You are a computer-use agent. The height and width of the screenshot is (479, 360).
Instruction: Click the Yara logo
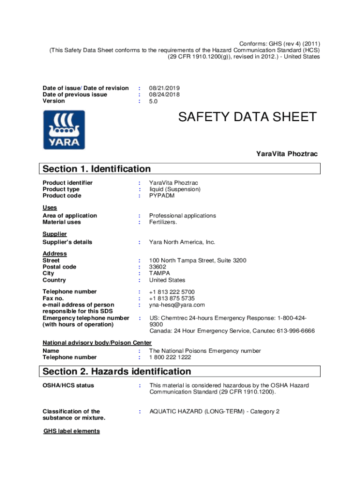pos(64,130)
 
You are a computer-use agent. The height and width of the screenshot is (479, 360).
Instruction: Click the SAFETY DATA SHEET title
pos(247,117)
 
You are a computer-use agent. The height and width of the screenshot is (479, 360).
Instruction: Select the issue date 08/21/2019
pos(165,88)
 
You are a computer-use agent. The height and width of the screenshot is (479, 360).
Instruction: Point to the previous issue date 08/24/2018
pos(165,94)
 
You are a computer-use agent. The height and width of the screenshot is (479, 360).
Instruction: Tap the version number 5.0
pos(154,101)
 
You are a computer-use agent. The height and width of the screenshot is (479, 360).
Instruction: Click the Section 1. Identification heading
pos(97,169)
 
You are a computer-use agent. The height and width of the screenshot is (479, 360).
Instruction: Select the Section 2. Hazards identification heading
pos(117,371)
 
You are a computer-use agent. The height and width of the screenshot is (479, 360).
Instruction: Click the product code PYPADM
pos(162,196)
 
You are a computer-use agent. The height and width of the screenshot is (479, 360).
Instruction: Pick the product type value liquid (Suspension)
pos(175,189)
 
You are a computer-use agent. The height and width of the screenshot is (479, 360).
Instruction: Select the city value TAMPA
pos(160,273)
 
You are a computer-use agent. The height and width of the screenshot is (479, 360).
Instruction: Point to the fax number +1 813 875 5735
pos(172,298)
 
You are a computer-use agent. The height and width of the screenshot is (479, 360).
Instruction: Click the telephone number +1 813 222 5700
pos(172,292)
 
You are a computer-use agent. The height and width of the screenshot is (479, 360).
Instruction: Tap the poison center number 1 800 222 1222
pos(170,357)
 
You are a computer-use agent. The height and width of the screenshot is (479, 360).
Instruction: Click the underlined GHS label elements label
pos(72,431)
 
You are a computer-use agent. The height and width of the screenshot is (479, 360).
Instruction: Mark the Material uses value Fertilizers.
pos(163,222)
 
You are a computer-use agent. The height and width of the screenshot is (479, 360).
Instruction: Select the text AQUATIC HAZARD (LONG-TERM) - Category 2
pos(214,412)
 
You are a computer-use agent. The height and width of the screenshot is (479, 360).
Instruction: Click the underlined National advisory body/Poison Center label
pos(97,343)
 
